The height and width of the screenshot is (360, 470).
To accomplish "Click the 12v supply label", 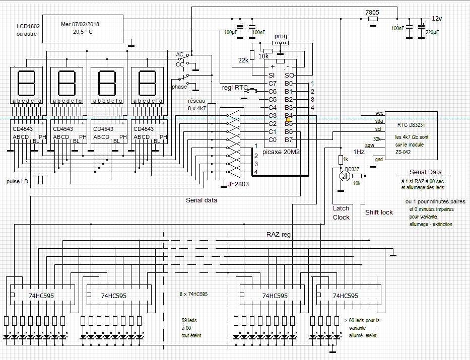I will point(436,18).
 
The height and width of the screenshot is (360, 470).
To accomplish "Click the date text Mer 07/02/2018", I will point(81,23).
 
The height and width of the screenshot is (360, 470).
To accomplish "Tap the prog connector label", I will point(281,37).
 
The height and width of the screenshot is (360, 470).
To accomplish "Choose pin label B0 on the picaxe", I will point(289,83).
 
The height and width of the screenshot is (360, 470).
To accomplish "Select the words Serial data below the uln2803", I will point(202,200).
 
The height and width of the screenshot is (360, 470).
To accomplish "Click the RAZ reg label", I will point(279,234).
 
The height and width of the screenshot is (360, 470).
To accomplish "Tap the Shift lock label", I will point(379,212).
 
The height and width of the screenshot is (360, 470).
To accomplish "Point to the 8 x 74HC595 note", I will point(194,294).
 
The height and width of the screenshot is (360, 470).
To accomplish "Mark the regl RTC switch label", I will point(235,87).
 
